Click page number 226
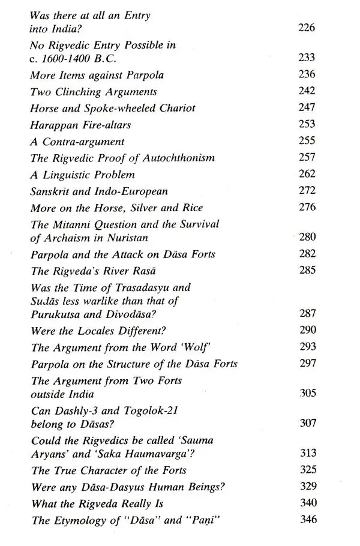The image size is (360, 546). click(x=307, y=28)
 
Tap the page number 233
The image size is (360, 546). click(x=307, y=58)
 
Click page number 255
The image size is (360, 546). click(x=307, y=142)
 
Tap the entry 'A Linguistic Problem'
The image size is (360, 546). click(x=82, y=175)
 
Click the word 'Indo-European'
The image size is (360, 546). click(x=139, y=192)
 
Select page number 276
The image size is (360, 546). click(x=307, y=208)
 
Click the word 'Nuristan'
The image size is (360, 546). click(x=134, y=238)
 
